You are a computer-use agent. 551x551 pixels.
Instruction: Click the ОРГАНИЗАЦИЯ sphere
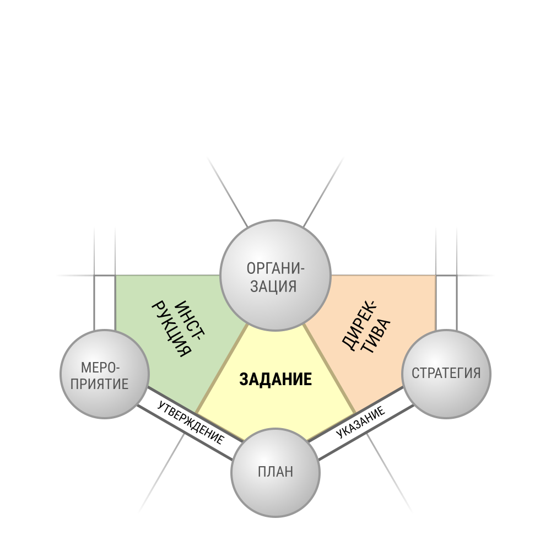coord(275,275)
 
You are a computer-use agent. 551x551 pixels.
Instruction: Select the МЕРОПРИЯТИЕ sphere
coord(105,374)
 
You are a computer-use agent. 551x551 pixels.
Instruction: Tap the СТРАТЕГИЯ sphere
coord(446,374)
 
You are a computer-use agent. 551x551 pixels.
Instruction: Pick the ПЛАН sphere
coord(275,472)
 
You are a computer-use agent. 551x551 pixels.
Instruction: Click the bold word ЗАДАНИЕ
coord(275,380)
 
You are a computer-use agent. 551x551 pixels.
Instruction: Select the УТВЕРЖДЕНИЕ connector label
coord(191,423)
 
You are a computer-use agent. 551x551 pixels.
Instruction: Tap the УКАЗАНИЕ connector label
coord(360,423)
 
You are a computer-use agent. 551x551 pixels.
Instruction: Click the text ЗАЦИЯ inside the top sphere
coord(273,287)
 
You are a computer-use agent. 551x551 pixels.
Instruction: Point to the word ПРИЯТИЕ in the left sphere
coord(99,383)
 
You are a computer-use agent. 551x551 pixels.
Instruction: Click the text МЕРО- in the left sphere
coord(100,368)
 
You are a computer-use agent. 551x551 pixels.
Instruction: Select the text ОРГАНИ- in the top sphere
coord(275,268)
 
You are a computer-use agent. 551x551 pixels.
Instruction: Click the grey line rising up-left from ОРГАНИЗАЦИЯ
coord(228,192)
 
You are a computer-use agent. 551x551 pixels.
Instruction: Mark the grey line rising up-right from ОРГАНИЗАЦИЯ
coord(323,192)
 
